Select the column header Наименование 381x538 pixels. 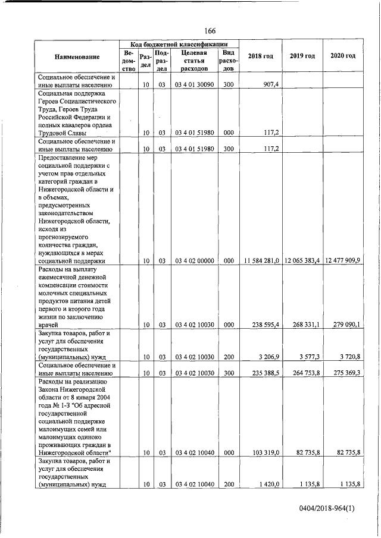pyautogui.click(x=77, y=56)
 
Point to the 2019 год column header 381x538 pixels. pyautogui.click(x=302, y=56)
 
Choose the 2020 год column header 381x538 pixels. pyautogui.click(x=342, y=56)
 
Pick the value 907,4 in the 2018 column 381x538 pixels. pyautogui.click(x=270, y=84)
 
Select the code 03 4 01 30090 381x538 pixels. pyautogui.click(x=194, y=84)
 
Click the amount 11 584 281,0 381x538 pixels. pyautogui.click(x=262, y=260)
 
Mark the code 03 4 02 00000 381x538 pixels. pyautogui.click(x=194, y=260)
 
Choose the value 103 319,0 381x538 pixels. pyautogui.click(x=266, y=453)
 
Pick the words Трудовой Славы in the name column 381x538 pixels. pyautogui.click(x=63, y=134)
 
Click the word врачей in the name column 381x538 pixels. pyautogui.click(x=48, y=325)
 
